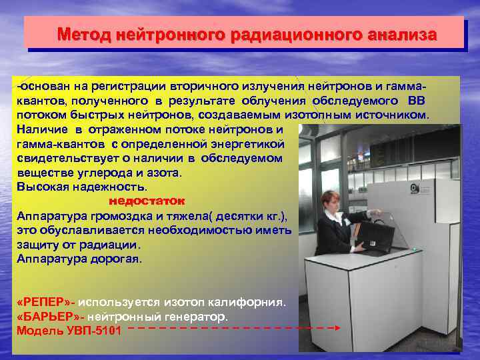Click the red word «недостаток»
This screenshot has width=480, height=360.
pyautogui.click(x=147, y=200)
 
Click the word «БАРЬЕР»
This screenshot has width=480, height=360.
pyautogui.click(x=48, y=317)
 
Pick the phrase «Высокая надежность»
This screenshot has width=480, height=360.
pyautogui.click(x=81, y=186)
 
